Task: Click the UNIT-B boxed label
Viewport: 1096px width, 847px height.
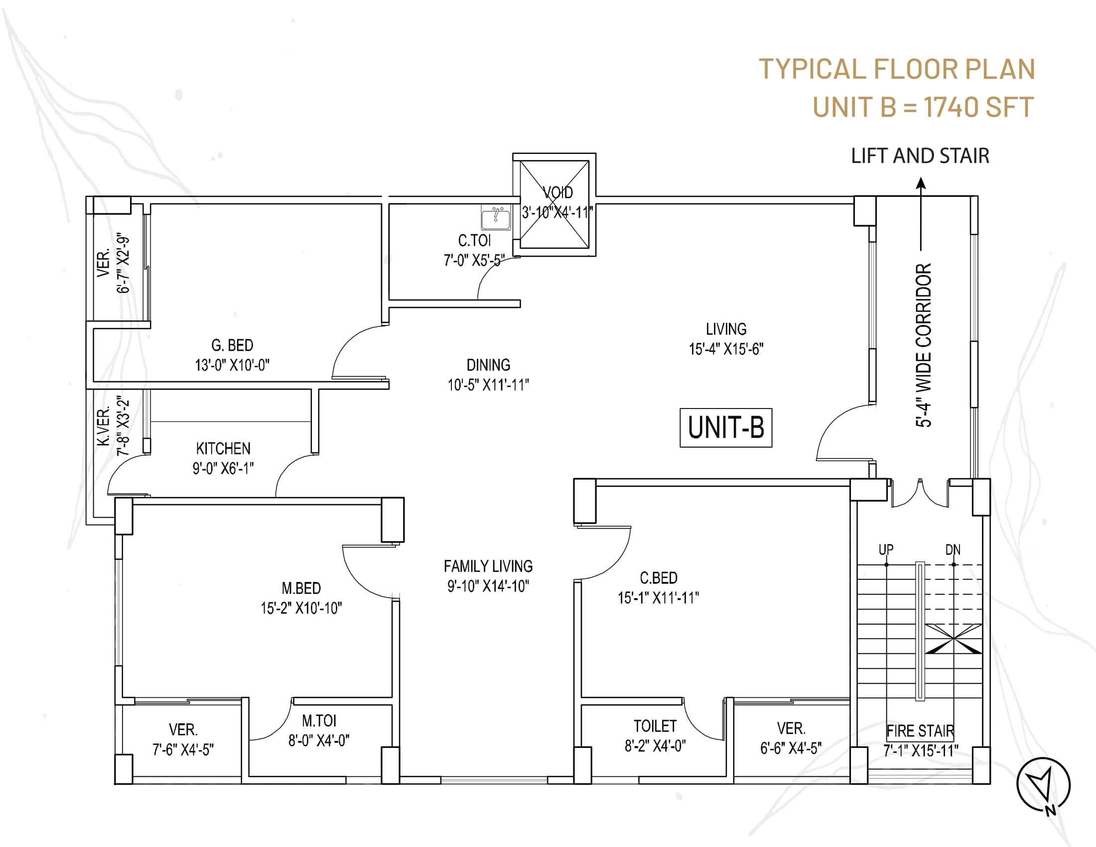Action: [726, 428]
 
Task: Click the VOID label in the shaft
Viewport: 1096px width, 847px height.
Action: [558, 193]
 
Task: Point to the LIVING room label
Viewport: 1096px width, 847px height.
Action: [726, 329]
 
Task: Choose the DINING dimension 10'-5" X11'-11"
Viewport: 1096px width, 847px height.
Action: [488, 385]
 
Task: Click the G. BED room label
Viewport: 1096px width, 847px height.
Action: [232, 345]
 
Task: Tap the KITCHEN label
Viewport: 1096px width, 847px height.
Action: [223, 448]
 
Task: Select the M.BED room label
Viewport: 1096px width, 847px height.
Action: [301, 587]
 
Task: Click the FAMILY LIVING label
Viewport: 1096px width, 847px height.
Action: [488, 566]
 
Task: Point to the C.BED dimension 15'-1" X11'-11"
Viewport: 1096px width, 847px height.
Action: [659, 598]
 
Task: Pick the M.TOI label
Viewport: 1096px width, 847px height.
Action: [319, 720]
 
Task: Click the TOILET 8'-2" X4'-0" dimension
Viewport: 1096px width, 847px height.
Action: [655, 746]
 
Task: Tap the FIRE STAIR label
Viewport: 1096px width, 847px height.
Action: [920, 731]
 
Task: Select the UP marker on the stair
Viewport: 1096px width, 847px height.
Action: [886, 550]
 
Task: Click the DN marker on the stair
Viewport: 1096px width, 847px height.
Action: [953, 550]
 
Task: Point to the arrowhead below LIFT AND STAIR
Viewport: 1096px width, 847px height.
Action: [921, 184]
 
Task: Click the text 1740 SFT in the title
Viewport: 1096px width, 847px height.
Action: [978, 107]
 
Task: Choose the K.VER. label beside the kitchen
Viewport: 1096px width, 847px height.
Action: [104, 427]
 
